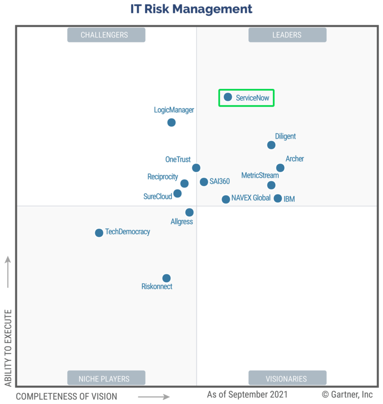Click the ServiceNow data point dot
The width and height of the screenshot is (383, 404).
[x=228, y=97]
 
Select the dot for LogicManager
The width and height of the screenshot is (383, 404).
[x=172, y=122]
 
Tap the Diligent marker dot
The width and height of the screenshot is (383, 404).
[x=271, y=145]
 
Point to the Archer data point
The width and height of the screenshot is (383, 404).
[x=280, y=168]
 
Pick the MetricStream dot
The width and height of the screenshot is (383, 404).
[x=271, y=185]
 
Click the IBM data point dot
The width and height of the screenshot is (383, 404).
[x=278, y=198]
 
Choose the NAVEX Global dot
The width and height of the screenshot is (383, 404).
[x=226, y=199]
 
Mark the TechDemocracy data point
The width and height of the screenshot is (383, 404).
[x=99, y=232]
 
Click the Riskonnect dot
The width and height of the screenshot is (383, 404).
[x=167, y=278]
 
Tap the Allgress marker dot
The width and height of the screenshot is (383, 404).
[x=190, y=212]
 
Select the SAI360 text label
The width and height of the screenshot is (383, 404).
[x=219, y=182]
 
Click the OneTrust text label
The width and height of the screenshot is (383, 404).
[x=178, y=160]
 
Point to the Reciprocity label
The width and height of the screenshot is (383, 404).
[x=163, y=177]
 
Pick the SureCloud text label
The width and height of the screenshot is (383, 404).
[x=158, y=197]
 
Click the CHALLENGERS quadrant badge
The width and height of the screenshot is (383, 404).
[x=106, y=35]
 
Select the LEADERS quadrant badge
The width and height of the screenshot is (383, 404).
[x=287, y=35]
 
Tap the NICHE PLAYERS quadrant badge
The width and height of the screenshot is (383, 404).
[x=106, y=378]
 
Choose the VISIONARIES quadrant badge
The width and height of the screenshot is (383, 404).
[x=287, y=378]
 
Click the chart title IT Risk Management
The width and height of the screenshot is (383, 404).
[x=191, y=8]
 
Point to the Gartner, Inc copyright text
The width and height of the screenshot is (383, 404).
[x=348, y=395]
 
